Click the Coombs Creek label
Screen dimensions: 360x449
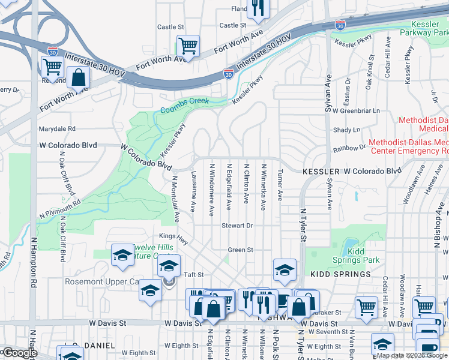pos(184,106)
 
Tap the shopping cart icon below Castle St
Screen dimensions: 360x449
pos(188,46)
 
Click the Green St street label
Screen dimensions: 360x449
pos(241,250)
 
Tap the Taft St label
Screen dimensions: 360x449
pos(193,274)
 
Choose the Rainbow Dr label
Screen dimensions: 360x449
pos(349,148)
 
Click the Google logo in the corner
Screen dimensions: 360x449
pos(19,353)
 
